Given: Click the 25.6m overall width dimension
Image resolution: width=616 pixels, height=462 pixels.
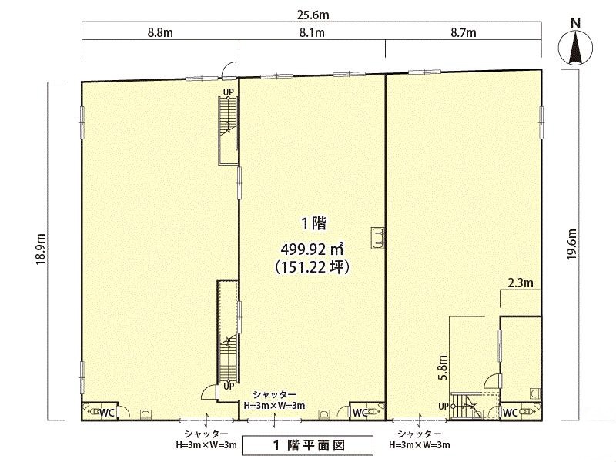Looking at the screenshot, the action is (x=313, y=15).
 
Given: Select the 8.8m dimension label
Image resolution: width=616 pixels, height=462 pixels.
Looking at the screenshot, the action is (x=160, y=32).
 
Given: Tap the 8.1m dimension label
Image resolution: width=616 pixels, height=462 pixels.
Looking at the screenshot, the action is (x=312, y=32).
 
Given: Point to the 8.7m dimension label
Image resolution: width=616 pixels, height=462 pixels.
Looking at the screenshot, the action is (x=464, y=32).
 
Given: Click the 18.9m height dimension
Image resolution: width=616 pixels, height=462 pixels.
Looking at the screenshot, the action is (x=41, y=249).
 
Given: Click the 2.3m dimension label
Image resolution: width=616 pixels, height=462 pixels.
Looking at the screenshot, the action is (x=521, y=283).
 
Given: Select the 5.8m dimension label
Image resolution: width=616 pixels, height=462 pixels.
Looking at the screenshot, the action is (x=443, y=367).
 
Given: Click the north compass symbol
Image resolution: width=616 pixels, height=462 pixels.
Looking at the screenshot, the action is (x=575, y=42).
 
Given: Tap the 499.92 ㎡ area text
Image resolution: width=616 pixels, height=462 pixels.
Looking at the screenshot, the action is (x=313, y=249).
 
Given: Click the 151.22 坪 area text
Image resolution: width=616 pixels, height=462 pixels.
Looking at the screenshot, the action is (x=313, y=267).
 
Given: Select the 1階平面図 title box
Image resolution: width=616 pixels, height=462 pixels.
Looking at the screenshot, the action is (x=307, y=445).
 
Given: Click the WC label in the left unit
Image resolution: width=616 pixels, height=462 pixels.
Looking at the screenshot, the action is (x=107, y=413).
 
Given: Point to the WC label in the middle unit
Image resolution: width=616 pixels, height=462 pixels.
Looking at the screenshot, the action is (x=360, y=413).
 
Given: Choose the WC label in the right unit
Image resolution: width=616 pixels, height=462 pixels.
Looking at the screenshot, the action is (x=511, y=413).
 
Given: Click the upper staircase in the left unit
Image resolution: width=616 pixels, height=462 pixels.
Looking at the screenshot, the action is (x=228, y=130).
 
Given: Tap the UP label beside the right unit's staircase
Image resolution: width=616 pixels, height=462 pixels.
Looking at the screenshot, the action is (x=444, y=407).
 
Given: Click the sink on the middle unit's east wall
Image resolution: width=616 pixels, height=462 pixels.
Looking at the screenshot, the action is (x=378, y=238).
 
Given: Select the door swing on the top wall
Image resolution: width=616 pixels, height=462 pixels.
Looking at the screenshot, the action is (x=229, y=70).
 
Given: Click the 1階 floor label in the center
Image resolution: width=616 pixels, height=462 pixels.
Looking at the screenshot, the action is (x=314, y=224).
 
